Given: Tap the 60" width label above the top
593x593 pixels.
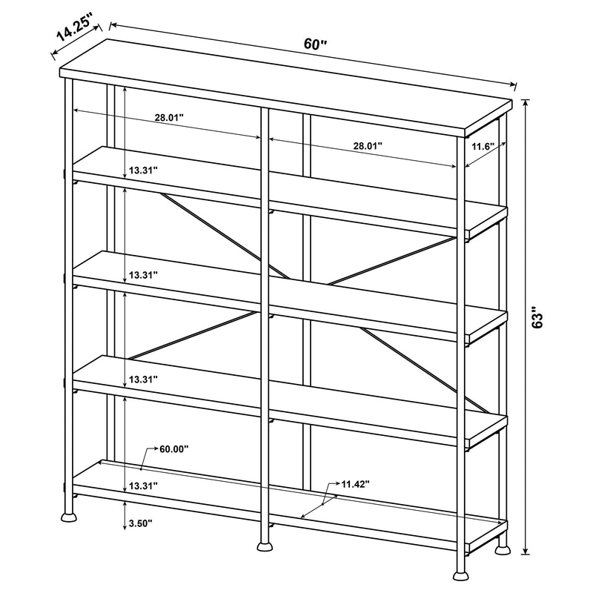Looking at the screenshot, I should coord(316,44).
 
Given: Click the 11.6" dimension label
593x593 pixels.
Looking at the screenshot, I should coord(483,147).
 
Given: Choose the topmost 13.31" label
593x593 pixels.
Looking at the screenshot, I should coord(143,170).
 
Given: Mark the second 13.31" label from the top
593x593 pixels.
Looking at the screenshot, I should coord(143,275).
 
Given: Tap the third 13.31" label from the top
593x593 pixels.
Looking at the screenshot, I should coord(143,380).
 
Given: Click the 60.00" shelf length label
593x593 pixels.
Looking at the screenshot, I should coord(173,448).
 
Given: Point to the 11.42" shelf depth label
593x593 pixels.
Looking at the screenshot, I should coord(356,484).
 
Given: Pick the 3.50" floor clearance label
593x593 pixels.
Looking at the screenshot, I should coord(140,523).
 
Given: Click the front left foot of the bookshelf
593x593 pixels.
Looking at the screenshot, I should coord(69,512).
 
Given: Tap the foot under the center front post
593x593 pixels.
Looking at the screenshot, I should coord(265,547).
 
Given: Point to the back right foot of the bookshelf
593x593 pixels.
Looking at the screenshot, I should coord(503,549).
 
